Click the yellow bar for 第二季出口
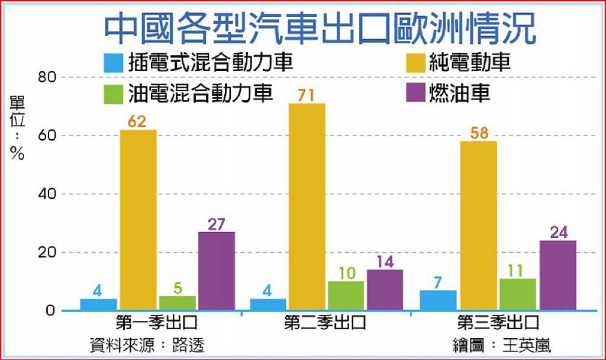307,207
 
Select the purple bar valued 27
217,271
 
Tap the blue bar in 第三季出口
439,300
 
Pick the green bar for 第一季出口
178,303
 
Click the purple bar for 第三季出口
558,275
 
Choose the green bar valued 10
346,296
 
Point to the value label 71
306,95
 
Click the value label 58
479,133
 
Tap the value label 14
385,262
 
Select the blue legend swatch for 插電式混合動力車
114,63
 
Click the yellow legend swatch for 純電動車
416,63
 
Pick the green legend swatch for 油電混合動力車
114,94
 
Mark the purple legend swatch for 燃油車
416,92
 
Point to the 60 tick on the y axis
47,136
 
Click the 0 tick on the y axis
50,310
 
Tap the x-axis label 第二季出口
325,323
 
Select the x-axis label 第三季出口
498,323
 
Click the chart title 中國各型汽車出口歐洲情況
320,28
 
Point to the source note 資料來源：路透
147,345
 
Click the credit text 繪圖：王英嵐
502,345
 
